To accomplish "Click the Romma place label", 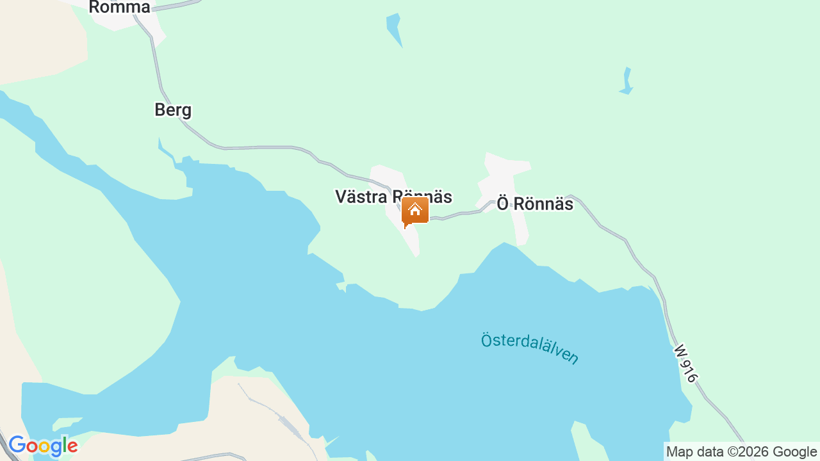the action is coord(119,8).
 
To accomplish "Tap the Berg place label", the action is coord(173,110).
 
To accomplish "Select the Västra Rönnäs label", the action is coord(393,197).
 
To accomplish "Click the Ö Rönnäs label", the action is coord(535,204).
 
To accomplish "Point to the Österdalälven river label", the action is coord(530,347).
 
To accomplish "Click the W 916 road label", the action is coord(685,364).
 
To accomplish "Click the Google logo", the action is coord(43,446).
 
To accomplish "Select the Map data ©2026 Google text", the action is coord(741,452).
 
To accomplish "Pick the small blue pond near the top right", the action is coord(627,81).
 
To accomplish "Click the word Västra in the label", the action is coord(359,197).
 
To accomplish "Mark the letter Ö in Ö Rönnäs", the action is coord(504,204).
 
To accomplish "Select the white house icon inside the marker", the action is coord(415,209).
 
